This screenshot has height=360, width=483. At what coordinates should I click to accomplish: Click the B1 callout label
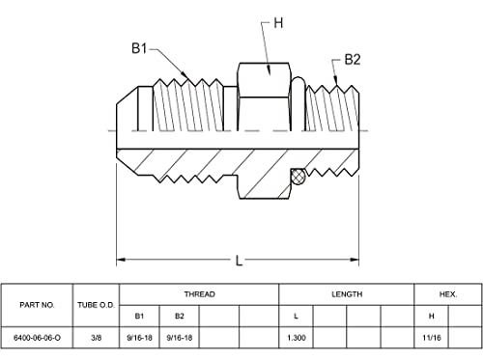(x=139, y=48)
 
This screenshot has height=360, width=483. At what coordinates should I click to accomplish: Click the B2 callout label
(x=353, y=60)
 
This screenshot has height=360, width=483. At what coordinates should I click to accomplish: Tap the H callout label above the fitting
(x=278, y=23)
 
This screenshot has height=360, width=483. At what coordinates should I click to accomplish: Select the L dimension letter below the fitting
(x=239, y=261)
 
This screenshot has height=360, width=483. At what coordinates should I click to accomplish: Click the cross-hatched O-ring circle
(x=298, y=177)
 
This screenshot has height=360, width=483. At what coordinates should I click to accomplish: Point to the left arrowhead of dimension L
(x=121, y=260)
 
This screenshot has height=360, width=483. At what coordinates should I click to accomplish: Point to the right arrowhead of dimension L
(x=355, y=260)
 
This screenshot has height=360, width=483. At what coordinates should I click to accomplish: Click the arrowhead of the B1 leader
(x=185, y=75)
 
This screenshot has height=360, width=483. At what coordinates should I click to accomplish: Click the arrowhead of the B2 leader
(x=336, y=80)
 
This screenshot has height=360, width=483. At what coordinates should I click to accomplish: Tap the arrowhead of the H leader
(x=270, y=70)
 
